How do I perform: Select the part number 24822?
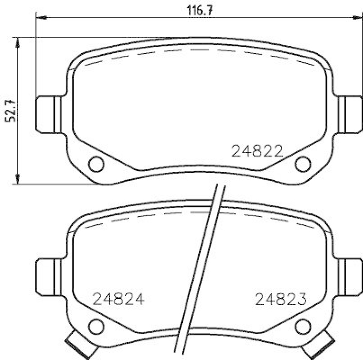tap(257, 151)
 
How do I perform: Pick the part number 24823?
tap(281, 299)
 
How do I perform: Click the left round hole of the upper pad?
tap(96, 164)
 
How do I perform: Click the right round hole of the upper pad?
tap(303, 164)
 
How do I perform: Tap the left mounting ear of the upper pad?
tap(49, 115)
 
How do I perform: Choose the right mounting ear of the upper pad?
tap(350, 115)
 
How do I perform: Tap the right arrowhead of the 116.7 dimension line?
tap(359, 18)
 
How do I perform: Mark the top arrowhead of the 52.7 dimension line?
tap(18, 41)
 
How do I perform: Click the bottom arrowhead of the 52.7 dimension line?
tap(18, 180)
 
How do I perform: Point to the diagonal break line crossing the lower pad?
tap(200, 272)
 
